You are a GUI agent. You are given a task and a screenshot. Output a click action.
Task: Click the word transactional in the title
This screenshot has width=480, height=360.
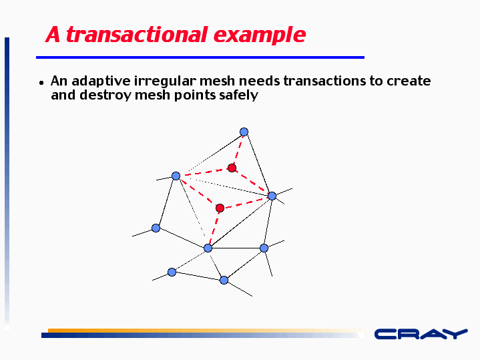[x=137, y=34]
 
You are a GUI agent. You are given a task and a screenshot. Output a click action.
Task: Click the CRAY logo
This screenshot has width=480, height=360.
[x=421, y=334]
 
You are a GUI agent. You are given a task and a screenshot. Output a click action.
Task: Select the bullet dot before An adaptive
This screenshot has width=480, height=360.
[x=41, y=83]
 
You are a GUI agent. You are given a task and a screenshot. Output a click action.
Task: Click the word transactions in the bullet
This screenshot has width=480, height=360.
[x=324, y=81]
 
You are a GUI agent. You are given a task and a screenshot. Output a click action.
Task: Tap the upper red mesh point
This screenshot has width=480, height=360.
[x=232, y=168]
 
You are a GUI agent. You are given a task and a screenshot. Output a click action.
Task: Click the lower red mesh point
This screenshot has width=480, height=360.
[x=220, y=208]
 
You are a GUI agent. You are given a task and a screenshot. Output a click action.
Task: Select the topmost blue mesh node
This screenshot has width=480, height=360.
[x=244, y=132]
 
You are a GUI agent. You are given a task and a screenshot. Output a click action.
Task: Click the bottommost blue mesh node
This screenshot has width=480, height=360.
[x=224, y=281]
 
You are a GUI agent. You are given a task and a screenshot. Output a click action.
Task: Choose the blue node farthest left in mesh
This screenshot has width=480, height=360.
[x=156, y=228]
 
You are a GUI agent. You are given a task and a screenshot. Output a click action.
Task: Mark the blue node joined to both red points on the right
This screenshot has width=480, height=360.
[x=272, y=196]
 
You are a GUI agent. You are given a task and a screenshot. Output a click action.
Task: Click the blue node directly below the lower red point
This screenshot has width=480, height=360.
[x=208, y=248]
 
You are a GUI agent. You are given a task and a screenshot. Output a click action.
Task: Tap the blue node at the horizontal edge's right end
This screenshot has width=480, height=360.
[x=264, y=248]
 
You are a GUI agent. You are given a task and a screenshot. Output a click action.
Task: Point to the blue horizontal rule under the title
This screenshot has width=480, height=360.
[x=200, y=57]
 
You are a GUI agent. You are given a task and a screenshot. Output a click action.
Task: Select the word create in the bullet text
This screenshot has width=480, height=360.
[x=409, y=81]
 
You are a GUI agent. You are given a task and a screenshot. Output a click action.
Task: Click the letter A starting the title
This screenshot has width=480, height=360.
[x=53, y=34]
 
